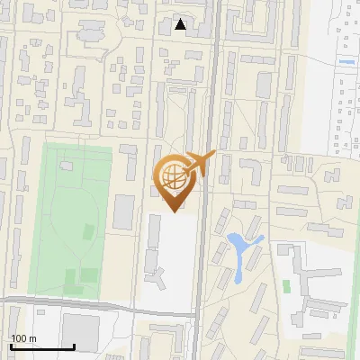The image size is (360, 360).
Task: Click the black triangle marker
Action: coord(181,25)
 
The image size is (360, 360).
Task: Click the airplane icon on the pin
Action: coord(197,163)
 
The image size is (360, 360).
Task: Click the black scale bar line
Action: coord(41,346)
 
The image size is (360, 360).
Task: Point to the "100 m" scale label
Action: coord(23,338)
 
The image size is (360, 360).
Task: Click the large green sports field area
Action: coord(76,216)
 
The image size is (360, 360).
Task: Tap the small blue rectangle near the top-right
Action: coord(346,62)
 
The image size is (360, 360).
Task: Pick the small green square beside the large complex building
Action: coord(286,286)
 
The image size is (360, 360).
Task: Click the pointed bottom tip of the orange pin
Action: coord(173,210)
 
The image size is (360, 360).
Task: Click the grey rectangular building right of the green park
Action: coord(123,211)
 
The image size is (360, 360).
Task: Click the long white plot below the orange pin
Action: coord(176,261)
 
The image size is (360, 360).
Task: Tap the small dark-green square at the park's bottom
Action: coord(87,274)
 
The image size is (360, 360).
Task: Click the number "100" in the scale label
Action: coord(18,338)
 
